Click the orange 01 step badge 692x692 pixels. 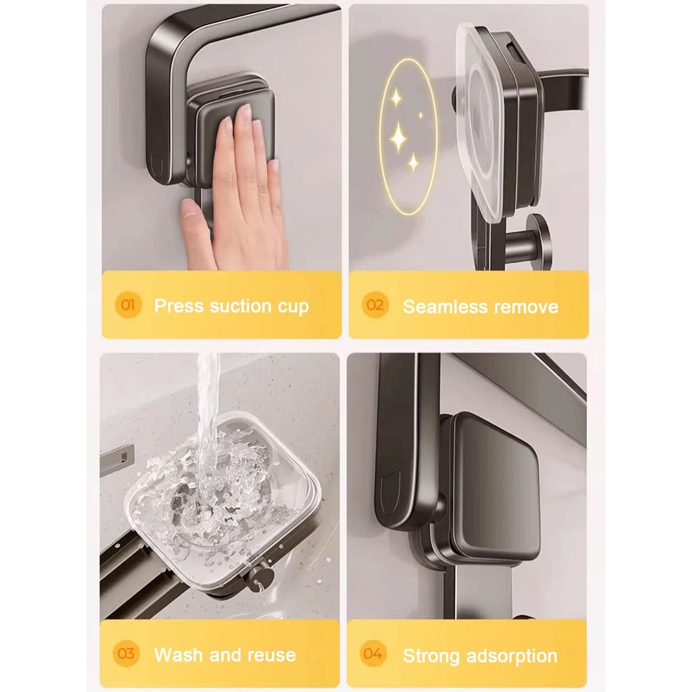129,305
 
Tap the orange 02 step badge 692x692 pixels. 375,305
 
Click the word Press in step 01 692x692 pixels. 178,306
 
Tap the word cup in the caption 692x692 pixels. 293,307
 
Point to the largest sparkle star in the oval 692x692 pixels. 399,137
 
